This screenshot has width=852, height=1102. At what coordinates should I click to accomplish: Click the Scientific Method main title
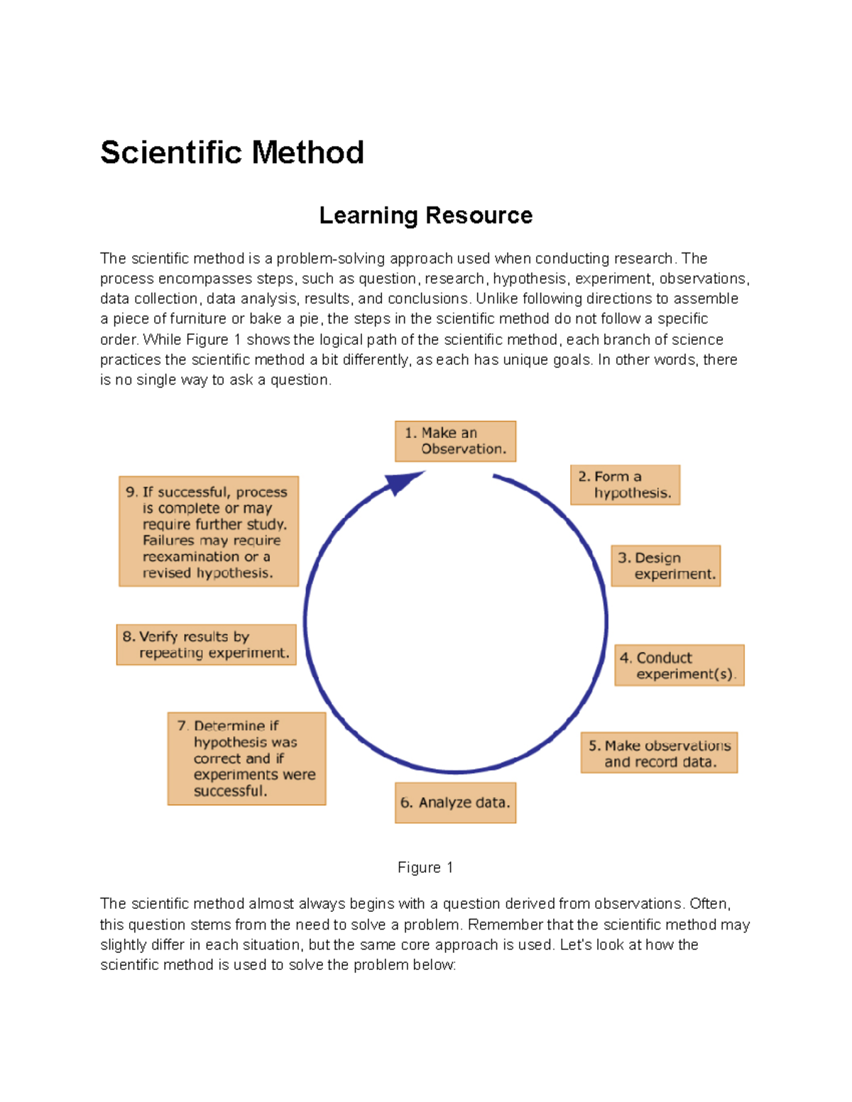[232, 153]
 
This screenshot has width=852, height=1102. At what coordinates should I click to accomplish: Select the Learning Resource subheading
[425, 215]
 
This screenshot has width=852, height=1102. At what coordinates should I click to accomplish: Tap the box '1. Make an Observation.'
[455, 441]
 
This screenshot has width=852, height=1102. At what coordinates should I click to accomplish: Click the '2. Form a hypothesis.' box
[625, 485]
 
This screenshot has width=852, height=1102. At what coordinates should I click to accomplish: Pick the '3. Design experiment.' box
[666, 566]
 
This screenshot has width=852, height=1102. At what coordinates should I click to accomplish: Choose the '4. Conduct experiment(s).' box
[679, 666]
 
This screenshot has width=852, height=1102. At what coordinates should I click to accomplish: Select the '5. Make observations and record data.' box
[659, 753]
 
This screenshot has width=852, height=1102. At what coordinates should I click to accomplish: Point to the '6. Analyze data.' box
[455, 803]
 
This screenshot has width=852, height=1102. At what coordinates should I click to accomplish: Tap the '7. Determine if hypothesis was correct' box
[246, 759]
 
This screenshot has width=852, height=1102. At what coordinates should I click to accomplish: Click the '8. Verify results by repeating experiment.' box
[206, 644]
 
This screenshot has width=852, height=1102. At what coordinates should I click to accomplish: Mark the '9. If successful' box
[209, 531]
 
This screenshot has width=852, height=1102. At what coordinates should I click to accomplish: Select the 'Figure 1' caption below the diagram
[425, 867]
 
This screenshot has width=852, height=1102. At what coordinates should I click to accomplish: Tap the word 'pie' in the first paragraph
[310, 319]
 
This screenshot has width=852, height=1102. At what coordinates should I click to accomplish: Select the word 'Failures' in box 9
[168, 540]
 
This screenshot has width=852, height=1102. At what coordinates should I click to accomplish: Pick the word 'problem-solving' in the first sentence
[331, 258]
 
